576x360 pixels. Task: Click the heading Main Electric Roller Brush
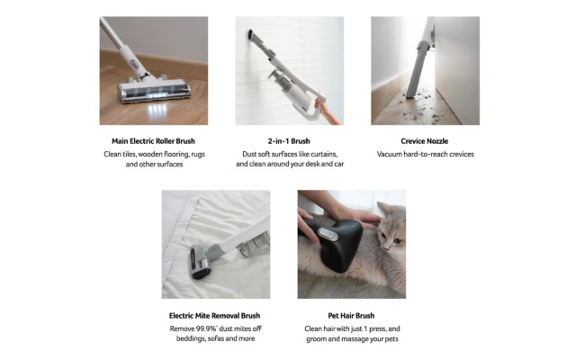coord(153,141)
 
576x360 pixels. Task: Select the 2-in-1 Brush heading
coord(289,141)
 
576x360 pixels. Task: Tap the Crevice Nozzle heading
coord(424,141)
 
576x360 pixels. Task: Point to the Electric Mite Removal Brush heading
coord(214,316)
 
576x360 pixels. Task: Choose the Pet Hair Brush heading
coord(351,316)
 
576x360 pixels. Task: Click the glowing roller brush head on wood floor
coord(154,91)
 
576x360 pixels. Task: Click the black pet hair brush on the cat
coord(334,242)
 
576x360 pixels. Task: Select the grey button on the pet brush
coord(328,234)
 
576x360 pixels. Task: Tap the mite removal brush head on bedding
coord(200,262)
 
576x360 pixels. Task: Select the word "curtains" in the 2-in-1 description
coord(323,154)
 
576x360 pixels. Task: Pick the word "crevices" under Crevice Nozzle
coord(461,154)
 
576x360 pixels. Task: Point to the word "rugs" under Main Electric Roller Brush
coord(198,155)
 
